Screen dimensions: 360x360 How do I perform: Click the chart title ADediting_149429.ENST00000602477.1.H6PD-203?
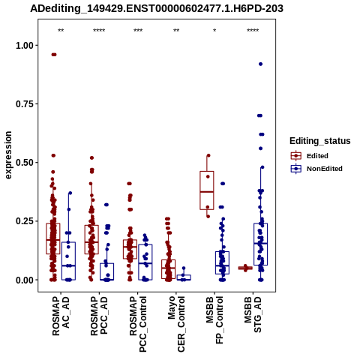(157, 9)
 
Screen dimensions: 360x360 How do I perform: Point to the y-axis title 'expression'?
(8, 155)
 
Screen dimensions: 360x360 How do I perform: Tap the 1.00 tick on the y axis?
(25, 46)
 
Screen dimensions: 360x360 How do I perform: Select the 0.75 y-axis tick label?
(25, 104)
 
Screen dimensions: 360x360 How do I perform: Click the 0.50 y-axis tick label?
(25, 163)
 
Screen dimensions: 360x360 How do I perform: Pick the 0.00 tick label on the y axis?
(25, 280)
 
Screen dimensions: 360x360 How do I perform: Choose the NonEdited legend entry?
(316, 169)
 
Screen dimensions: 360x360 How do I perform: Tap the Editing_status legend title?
(320, 141)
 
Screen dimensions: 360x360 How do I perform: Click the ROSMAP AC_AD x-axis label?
(61, 316)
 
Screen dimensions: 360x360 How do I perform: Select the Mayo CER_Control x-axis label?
(176, 324)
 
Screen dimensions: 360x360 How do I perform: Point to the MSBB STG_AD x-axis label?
(253, 314)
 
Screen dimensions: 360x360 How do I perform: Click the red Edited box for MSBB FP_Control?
(207, 190)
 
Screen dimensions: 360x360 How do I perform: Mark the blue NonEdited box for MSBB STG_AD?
(261, 244)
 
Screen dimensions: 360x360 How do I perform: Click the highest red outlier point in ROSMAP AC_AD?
(54, 55)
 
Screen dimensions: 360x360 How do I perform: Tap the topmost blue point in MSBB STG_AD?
(260, 64)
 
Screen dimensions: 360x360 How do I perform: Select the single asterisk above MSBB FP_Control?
(214, 31)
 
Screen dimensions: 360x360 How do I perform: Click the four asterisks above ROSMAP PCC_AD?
(99, 31)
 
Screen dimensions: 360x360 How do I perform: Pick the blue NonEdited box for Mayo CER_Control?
(184, 277)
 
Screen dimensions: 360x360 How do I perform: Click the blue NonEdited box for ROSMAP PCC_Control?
(145, 262)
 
